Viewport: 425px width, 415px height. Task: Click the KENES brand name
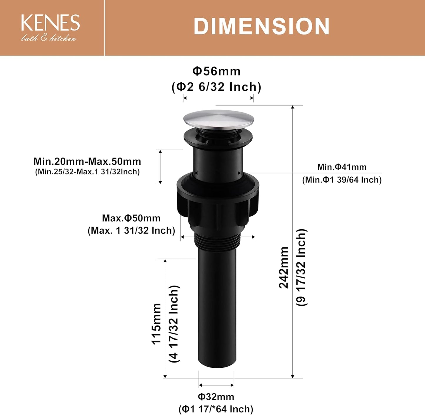(50, 23)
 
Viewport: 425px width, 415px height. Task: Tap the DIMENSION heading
(261, 26)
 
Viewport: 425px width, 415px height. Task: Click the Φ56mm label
(216, 71)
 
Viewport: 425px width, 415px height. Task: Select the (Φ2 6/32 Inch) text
(216, 87)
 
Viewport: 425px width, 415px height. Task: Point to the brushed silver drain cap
(219, 119)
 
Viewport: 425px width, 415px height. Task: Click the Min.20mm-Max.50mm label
(87, 161)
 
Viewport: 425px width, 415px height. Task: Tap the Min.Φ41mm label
(342, 167)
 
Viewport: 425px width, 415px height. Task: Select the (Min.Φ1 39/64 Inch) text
(342, 180)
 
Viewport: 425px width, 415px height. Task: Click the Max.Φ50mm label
(131, 218)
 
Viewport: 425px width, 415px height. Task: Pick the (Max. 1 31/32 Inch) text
(131, 231)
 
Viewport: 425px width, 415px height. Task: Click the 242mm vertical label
(284, 267)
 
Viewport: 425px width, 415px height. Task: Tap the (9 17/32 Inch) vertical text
(301, 267)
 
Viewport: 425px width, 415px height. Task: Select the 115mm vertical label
(156, 324)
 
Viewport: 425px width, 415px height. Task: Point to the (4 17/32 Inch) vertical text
(174, 324)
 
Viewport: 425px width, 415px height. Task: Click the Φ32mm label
(216, 397)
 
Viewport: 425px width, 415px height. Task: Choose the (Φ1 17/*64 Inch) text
(216, 409)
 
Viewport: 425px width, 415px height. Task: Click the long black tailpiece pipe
(217, 308)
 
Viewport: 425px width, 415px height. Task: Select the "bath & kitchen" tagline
(49, 38)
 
